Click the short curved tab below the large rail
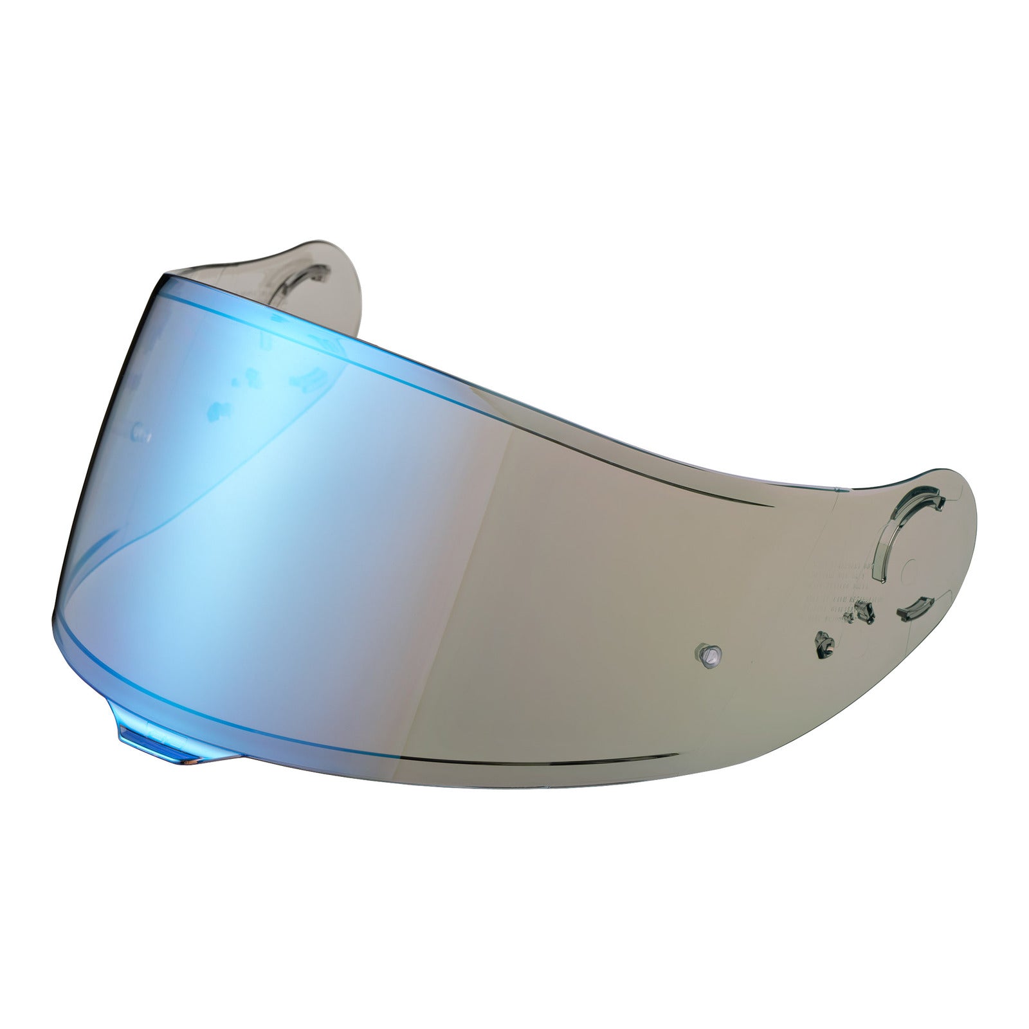pos(914,607)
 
